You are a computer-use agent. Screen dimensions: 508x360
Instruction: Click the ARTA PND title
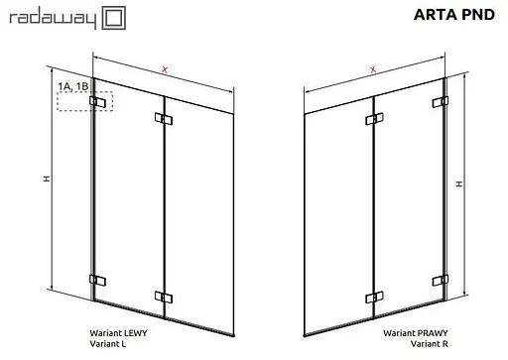pos(454,15)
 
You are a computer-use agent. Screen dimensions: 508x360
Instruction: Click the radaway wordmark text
pos(53,19)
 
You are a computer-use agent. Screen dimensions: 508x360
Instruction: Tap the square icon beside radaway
pos(113,18)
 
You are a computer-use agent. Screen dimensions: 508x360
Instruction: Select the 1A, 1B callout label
pos(73,86)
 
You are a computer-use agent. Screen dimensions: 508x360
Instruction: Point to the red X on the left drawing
pos(165,69)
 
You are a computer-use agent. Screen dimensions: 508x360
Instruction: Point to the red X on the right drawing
pos(373,69)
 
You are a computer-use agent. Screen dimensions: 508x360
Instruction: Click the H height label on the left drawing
pos(47,179)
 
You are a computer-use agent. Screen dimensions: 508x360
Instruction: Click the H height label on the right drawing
pos(459,183)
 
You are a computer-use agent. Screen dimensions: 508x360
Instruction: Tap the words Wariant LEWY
pos(118,333)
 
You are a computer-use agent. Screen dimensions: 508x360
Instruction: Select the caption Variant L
pos(108,344)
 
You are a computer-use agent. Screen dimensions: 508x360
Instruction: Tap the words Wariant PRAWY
pos(416,333)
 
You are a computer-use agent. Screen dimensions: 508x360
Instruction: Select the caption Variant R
pos(430,344)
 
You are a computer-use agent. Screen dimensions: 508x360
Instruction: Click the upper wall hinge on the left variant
pos(97,102)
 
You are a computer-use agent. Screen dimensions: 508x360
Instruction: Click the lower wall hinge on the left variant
pos(97,281)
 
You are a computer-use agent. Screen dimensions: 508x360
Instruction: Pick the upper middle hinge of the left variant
pos(164,119)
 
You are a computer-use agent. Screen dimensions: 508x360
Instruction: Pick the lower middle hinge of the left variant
pos(164,298)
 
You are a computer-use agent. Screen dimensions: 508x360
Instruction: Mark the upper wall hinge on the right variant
pos(441,102)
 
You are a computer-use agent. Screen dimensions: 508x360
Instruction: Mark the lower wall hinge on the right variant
pos(441,281)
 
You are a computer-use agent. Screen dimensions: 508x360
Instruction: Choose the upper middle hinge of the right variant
pos(374,119)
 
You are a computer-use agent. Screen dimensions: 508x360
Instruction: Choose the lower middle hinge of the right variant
pos(374,298)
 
